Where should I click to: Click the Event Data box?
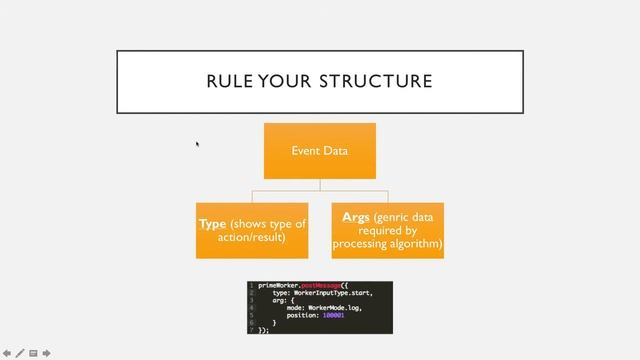click(320, 151)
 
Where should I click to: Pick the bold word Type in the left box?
click(212, 223)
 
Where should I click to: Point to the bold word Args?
click(356, 217)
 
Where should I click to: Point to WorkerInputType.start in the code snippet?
click(331, 293)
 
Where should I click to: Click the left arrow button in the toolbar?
click(7, 352)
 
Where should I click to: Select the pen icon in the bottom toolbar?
click(20, 352)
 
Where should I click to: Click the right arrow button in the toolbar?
click(46, 352)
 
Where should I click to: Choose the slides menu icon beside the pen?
click(33, 352)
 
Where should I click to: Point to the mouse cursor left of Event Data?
click(197, 144)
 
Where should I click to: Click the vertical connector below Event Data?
click(320, 184)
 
